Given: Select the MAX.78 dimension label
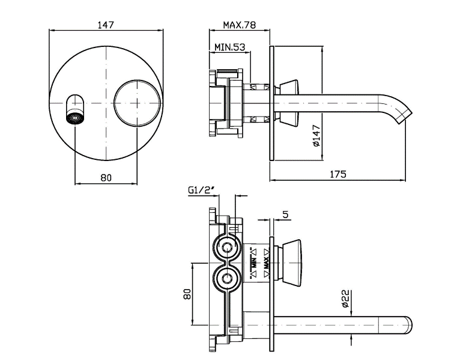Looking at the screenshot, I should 240,25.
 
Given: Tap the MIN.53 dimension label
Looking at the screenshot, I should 229,47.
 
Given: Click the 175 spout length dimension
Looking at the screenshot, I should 338,174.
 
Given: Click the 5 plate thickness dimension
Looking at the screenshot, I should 285,213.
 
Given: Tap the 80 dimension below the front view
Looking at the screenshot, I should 106,177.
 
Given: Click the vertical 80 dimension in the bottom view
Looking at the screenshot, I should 186,294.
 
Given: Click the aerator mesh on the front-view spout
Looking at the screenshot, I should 76,117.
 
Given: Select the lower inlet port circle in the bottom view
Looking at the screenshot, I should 227,278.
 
